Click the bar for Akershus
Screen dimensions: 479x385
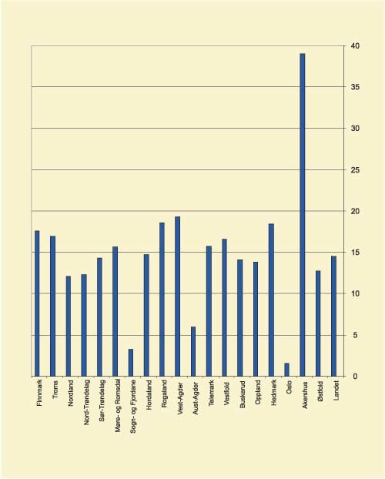[303, 215]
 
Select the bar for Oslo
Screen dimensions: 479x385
[287, 370]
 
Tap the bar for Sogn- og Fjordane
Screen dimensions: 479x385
[131, 363]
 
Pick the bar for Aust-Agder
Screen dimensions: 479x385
[193, 351]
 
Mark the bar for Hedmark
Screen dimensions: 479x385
[271, 300]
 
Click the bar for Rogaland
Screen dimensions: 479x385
[162, 300]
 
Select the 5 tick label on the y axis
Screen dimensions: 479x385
[354, 335]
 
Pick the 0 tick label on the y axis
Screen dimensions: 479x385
[354, 377]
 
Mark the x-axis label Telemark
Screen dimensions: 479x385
[209, 394]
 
